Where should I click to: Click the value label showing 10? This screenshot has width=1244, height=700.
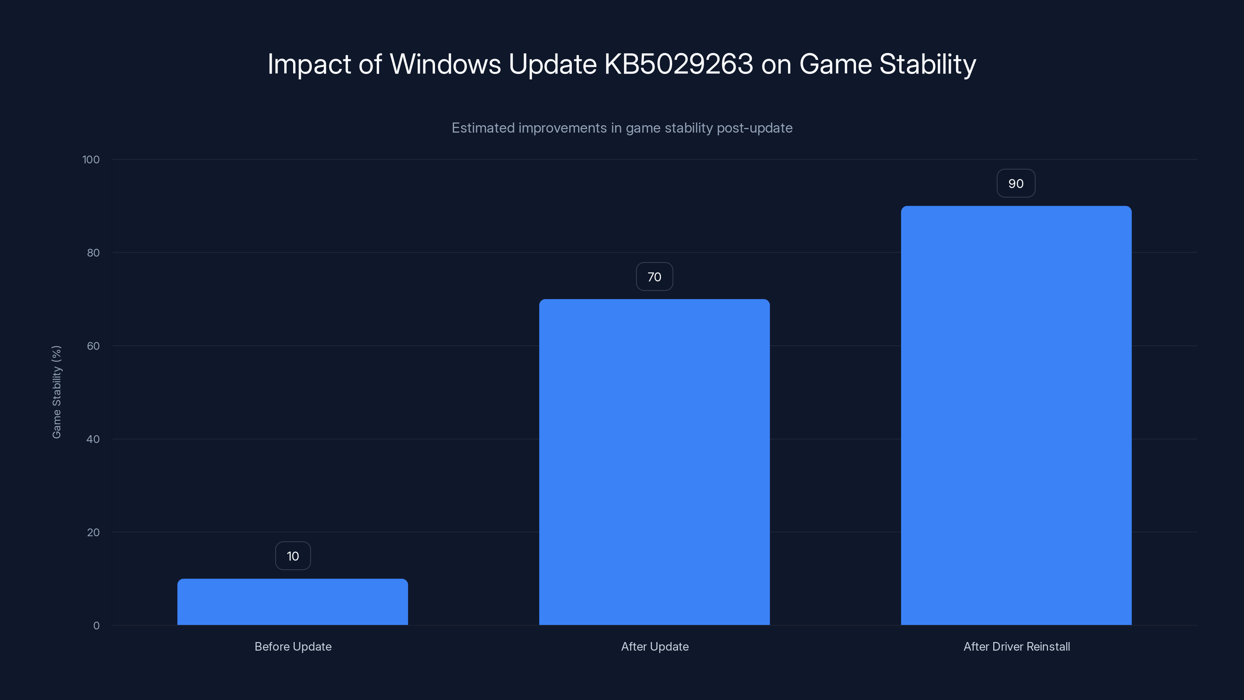293,556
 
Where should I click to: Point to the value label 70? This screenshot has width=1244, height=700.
654,277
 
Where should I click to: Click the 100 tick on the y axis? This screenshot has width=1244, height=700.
91,159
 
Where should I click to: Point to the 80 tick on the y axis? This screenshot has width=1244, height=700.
93,253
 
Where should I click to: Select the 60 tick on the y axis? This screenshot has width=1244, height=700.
93,346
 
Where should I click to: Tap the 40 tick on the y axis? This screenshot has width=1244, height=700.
93,439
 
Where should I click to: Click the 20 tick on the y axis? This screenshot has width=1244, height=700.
93,532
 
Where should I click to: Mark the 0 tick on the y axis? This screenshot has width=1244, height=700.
96,626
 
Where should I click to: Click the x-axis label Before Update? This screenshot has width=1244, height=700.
293,646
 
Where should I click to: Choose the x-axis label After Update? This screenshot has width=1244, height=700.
654,646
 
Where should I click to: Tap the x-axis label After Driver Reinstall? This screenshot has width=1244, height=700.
1016,646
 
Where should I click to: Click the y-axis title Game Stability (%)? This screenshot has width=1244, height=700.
56,392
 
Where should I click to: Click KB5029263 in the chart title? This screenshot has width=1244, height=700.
678,64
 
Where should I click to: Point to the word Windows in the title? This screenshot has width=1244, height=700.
445,64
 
